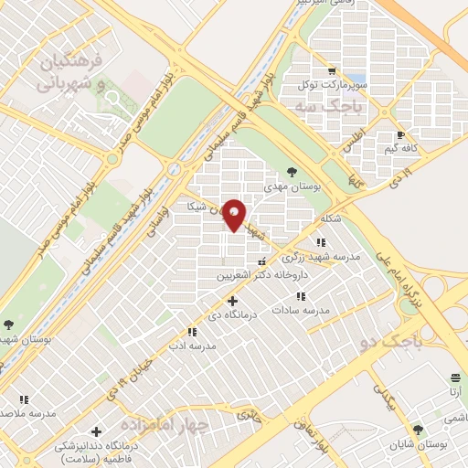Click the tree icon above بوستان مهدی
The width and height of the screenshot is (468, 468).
pyautogui.click(x=292, y=170)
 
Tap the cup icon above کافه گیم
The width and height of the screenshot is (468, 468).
pyautogui.click(x=399, y=134)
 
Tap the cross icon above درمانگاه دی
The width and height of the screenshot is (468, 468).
pyautogui.click(x=232, y=299)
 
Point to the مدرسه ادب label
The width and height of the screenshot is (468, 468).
pyautogui.click(x=194, y=346)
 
